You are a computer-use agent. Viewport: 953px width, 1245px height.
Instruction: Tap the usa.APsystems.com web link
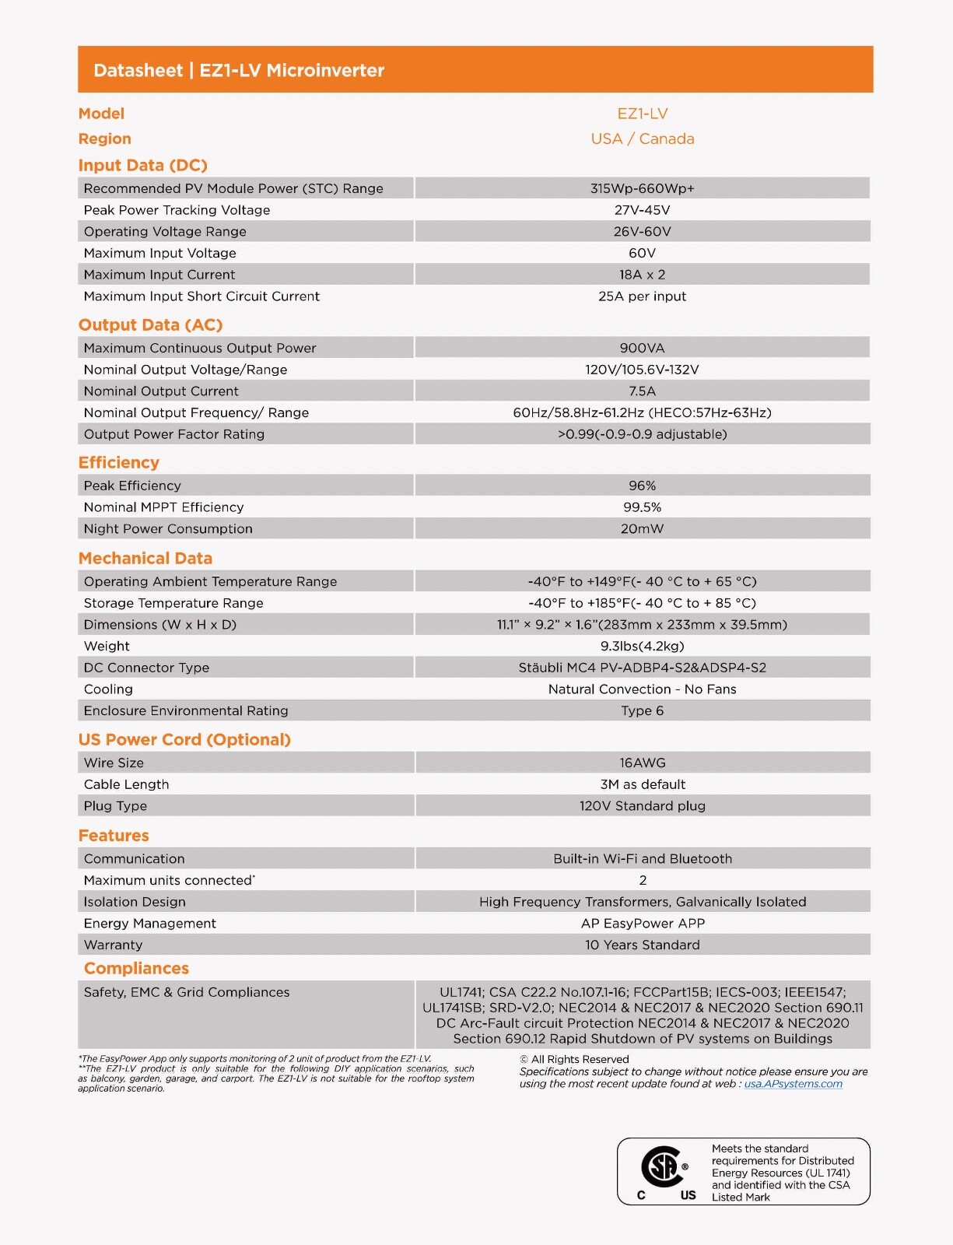click(x=793, y=1084)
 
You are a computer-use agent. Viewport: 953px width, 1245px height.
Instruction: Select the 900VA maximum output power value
click(x=642, y=348)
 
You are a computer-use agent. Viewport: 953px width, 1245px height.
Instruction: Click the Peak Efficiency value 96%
click(x=642, y=486)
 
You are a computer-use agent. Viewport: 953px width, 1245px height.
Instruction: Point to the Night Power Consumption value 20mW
click(x=642, y=528)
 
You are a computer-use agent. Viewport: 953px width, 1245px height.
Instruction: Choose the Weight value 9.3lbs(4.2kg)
click(x=642, y=646)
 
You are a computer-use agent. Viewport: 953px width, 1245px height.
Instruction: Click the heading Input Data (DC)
click(x=142, y=165)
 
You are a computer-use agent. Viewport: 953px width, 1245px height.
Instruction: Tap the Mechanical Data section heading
click(x=145, y=558)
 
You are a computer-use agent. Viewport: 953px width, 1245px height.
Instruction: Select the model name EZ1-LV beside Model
click(x=642, y=114)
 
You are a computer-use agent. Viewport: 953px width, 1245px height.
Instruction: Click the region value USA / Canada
click(x=642, y=139)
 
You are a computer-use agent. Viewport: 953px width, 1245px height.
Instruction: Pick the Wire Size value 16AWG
click(x=642, y=763)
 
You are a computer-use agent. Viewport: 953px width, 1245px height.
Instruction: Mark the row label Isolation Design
click(x=135, y=902)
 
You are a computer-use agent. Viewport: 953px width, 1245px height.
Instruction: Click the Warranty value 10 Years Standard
click(x=642, y=945)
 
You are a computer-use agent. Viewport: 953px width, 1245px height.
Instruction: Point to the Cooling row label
click(x=108, y=689)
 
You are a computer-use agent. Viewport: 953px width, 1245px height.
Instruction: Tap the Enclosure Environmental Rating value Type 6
click(x=642, y=710)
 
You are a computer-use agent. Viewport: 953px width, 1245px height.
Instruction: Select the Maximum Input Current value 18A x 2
click(x=642, y=275)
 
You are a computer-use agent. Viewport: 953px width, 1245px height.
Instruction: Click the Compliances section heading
click(x=136, y=968)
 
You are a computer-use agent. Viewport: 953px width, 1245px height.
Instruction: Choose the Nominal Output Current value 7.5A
click(x=642, y=391)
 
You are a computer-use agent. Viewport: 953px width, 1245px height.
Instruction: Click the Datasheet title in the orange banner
click(x=239, y=70)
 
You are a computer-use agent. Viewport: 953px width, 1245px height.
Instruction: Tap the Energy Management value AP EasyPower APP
click(x=642, y=924)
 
